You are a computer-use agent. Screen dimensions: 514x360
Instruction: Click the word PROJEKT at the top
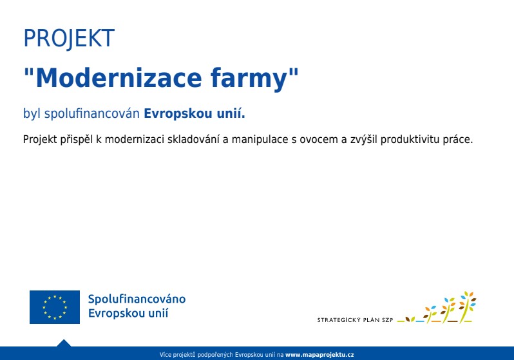pos(69,39)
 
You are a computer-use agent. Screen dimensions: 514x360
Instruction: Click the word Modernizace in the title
pos(119,78)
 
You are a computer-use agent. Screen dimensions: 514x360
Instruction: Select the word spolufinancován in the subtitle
pos(91,114)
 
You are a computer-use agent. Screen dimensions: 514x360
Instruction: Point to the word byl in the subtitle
pos(32,114)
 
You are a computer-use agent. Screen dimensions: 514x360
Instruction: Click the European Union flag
pos(55,307)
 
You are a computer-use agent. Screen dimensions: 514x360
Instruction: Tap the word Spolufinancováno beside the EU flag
pos(137,299)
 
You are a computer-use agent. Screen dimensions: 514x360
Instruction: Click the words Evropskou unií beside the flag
pos(128,313)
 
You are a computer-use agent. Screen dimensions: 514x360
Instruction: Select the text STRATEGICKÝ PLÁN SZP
pos(355,319)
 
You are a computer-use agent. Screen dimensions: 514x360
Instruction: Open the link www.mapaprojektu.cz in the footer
pos(319,354)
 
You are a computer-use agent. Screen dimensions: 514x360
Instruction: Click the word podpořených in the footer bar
pos(215,354)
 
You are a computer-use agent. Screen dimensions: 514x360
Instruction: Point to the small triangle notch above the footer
pos(64,343)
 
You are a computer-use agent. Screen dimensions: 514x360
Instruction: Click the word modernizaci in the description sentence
pos(135,139)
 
